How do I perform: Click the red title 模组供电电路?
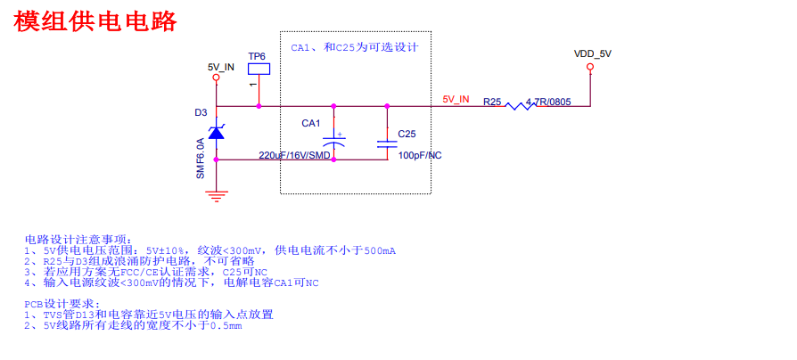[x=95, y=21]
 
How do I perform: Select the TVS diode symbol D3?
[x=216, y=132]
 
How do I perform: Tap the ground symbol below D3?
[x=216, y=193]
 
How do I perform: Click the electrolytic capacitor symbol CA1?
[x=334, y=142]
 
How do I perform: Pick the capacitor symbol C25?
[x=387, y=142]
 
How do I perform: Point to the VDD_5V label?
[x=593, y=54]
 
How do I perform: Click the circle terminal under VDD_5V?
[x=590, y=78]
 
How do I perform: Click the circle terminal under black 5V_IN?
[x=216, y=78]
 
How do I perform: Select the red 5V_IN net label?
[x=456, y=99]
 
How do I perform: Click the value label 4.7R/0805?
[x=548, y=102]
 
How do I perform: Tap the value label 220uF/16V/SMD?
[x=294, y=155]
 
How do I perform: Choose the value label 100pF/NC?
[x=420, y=155]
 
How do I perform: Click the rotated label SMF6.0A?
[x=201, y=158]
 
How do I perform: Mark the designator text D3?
[x=201, y=112]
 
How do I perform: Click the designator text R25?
[x=492, y=102]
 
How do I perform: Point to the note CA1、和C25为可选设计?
[x=355, y=47]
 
